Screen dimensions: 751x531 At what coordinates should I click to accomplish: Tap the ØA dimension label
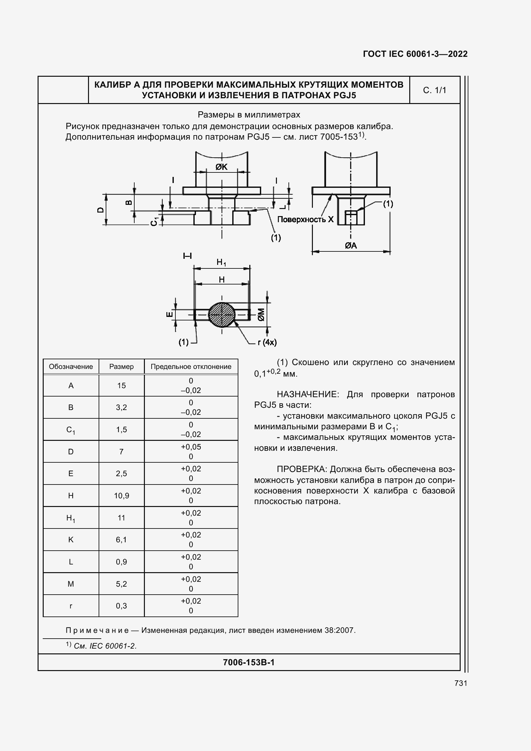[x=351, y=245]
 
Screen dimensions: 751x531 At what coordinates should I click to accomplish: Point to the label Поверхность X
[x=305, y=219]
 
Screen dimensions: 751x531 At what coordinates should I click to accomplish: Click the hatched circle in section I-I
[x=222, y=315]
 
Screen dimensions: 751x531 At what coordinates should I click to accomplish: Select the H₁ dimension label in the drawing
[x=221, y=262]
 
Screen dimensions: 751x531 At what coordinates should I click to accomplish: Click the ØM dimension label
[x=261, y=315]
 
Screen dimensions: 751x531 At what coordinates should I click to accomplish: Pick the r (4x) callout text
[x=267, y=343]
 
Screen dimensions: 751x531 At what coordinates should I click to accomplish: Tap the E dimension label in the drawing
[x=170, y=314]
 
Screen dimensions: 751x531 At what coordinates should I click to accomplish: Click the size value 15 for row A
[x=121, y=386]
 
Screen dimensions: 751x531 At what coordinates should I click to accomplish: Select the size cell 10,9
[x=121, y=495]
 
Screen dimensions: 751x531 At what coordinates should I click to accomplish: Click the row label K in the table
[x=71, y=540]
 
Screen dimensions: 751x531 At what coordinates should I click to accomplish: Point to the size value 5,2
[x=121, y=584]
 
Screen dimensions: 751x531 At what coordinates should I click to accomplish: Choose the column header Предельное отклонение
[x=191, y=367]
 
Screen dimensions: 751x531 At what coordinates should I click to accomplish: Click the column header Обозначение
[x=71, y=367]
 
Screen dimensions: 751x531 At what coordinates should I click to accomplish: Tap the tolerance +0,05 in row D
[x=191, y=447]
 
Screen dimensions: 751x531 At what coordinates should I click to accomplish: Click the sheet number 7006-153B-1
[x=249, y=662]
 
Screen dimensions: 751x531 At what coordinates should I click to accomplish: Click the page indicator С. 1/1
[x=435, y=90]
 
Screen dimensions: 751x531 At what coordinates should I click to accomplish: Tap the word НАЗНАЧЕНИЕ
[x=306, y=395]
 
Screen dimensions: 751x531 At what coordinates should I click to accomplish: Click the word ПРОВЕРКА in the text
[x=301, y=469]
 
